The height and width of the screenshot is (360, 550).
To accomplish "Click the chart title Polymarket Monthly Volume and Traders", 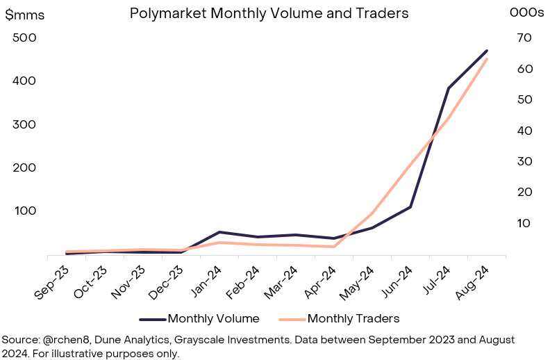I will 269,13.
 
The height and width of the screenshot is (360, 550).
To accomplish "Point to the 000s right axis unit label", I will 527,13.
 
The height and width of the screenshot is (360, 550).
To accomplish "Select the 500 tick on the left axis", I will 24,38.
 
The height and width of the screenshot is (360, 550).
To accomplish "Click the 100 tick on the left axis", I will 24,211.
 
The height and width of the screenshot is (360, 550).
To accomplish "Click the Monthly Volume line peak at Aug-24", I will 487,50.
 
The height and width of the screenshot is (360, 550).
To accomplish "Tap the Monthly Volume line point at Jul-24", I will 449,88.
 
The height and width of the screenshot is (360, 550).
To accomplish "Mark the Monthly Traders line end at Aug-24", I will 487,59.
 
